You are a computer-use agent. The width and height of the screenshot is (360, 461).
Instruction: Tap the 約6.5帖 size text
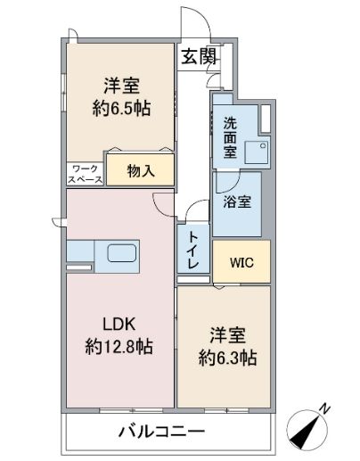[120, 109]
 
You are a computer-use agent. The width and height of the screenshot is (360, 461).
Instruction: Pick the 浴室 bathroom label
[236, 202]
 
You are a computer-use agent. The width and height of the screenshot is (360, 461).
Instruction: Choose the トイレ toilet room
[193, 251]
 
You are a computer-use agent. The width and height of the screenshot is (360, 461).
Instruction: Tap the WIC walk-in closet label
[241, 263]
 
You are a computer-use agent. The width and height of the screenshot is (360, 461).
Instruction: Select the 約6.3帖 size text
[224, 358]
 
